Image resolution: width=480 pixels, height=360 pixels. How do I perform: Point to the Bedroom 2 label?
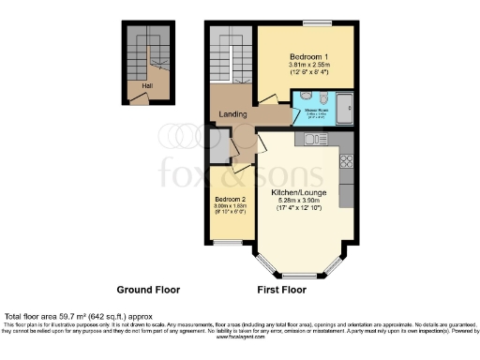coord(229,201)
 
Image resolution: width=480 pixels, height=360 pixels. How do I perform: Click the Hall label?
coord(146,86)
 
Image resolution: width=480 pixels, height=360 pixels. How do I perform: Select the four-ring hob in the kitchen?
coord(346,160)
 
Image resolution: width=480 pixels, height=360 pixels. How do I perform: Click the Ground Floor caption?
coord(147,290)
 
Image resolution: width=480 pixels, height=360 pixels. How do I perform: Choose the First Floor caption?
coord(281,290)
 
